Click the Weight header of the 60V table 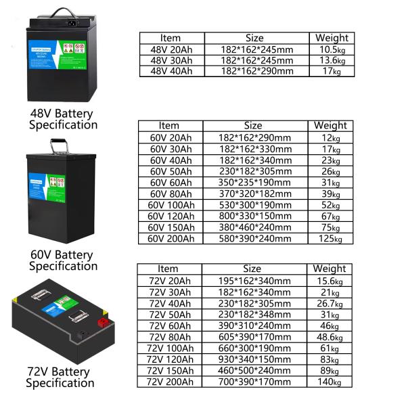[x=330, y=125]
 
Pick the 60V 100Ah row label [x=172, y=204]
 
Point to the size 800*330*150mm [x=253, y=216]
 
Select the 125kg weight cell [x=330, y=238]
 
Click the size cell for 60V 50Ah [x=253, y=171]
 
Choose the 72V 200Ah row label [x=171, y=382]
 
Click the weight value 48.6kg [x=330, y=336]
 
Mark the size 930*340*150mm [x=253, y=359]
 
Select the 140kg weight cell [x=330, y=382]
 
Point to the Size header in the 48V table [x=253, y=38]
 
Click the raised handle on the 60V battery [x=64, y=144]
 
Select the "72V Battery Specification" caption [x=60, y=378]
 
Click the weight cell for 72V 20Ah [x=330, y=280]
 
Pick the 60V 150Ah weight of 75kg [x=330, y=227]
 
